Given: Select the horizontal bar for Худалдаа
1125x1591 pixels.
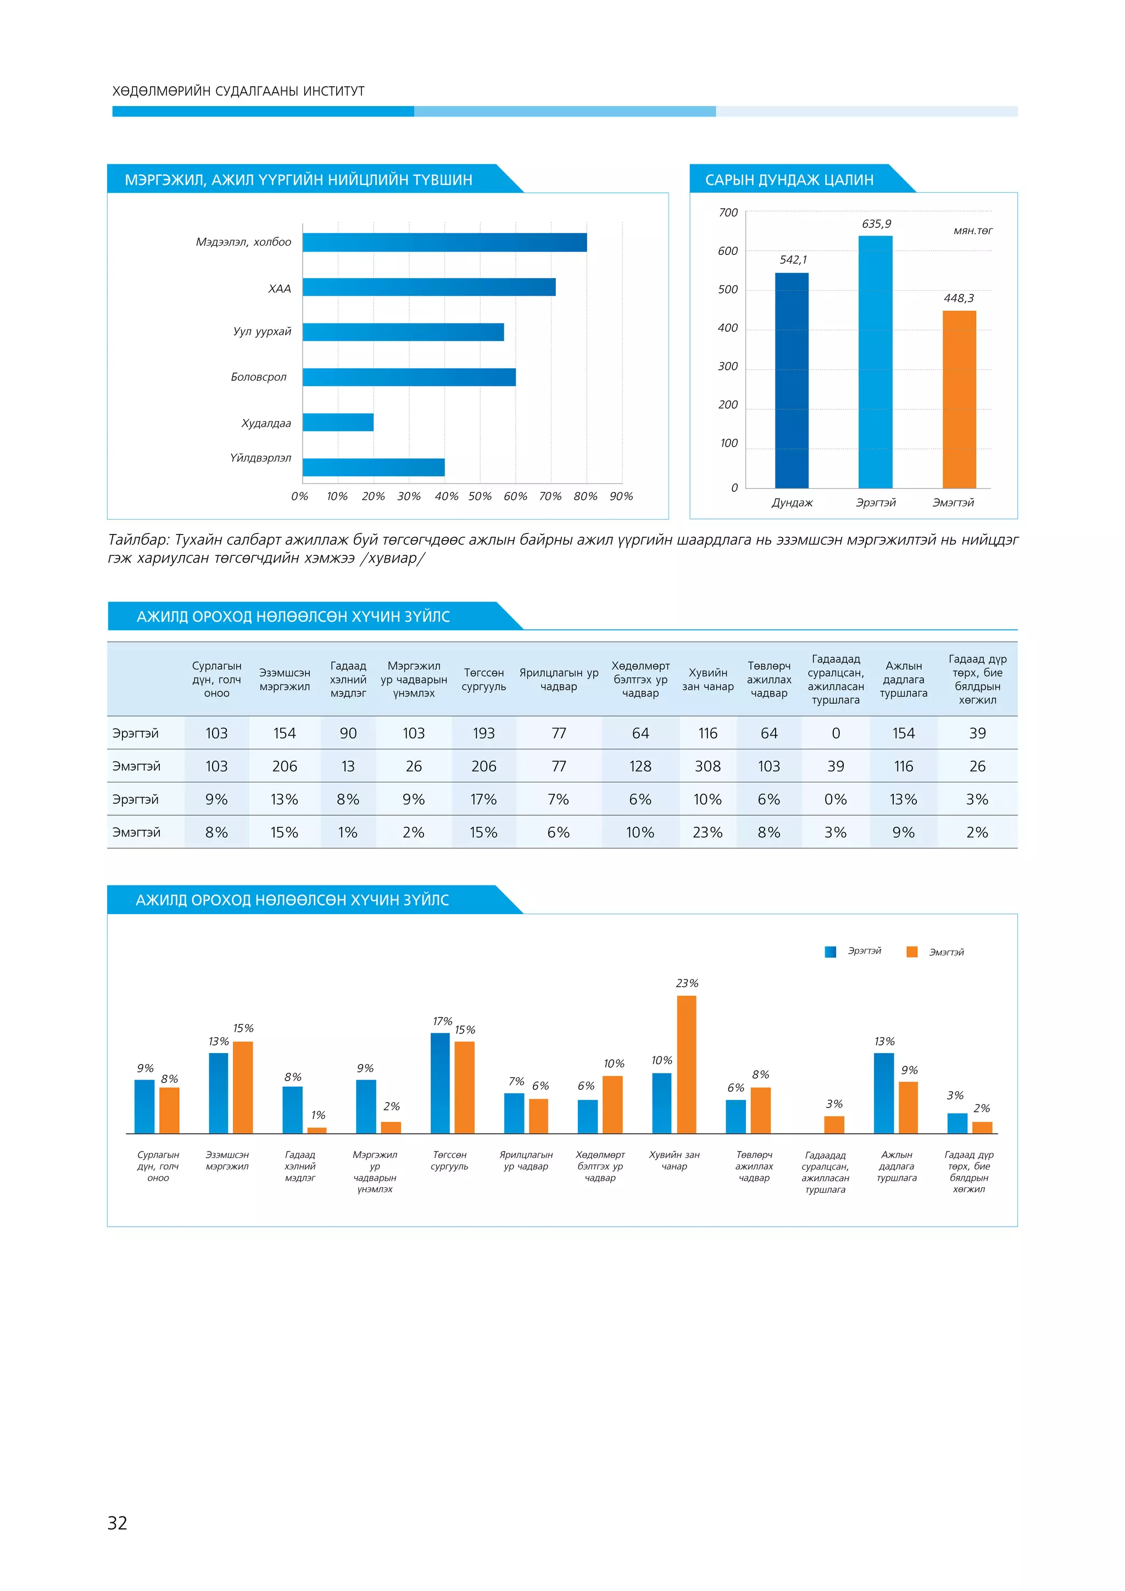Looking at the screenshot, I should (x=338, y=422).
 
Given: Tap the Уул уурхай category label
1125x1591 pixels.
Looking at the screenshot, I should (x=262, y=331).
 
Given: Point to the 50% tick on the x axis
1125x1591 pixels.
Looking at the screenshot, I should (x=480, y=496).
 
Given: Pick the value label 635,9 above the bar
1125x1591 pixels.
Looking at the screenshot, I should (x=876, y=224).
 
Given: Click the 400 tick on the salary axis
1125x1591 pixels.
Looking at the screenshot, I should (x=727, y=328).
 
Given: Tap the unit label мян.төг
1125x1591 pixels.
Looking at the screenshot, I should (x=973, y=231).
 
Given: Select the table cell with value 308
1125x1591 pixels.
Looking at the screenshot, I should (x=708, y=766).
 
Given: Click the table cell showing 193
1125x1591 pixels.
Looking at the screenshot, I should (x=483, y=733).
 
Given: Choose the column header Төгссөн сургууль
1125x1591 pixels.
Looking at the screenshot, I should (x=483, y=680).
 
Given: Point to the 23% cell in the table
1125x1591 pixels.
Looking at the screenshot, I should (x=708, y=832).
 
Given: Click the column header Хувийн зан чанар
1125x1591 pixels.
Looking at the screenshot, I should (x=708, y=680).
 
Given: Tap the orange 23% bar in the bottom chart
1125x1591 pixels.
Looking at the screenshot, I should (x=687, y=1065).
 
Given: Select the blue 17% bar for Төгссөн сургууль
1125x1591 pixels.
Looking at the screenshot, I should (x=440, y=1084).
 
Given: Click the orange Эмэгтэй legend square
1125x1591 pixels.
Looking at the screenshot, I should (x=912, y=952).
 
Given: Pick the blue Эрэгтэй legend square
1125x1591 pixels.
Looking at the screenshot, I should (x=831, y=952).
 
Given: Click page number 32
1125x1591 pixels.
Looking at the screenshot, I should (x=118, y=1522).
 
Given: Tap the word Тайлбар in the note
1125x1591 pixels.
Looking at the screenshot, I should (x=138, y=540).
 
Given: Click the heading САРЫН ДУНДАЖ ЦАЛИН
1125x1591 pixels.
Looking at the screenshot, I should (x=789, y=180).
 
